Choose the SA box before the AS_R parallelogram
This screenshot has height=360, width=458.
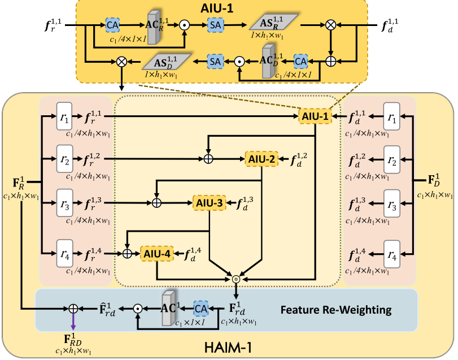215,25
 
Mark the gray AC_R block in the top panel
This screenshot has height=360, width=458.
154,26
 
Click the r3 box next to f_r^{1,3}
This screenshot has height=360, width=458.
64,202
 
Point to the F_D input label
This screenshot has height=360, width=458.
433,184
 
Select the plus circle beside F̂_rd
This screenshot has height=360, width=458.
73,309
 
